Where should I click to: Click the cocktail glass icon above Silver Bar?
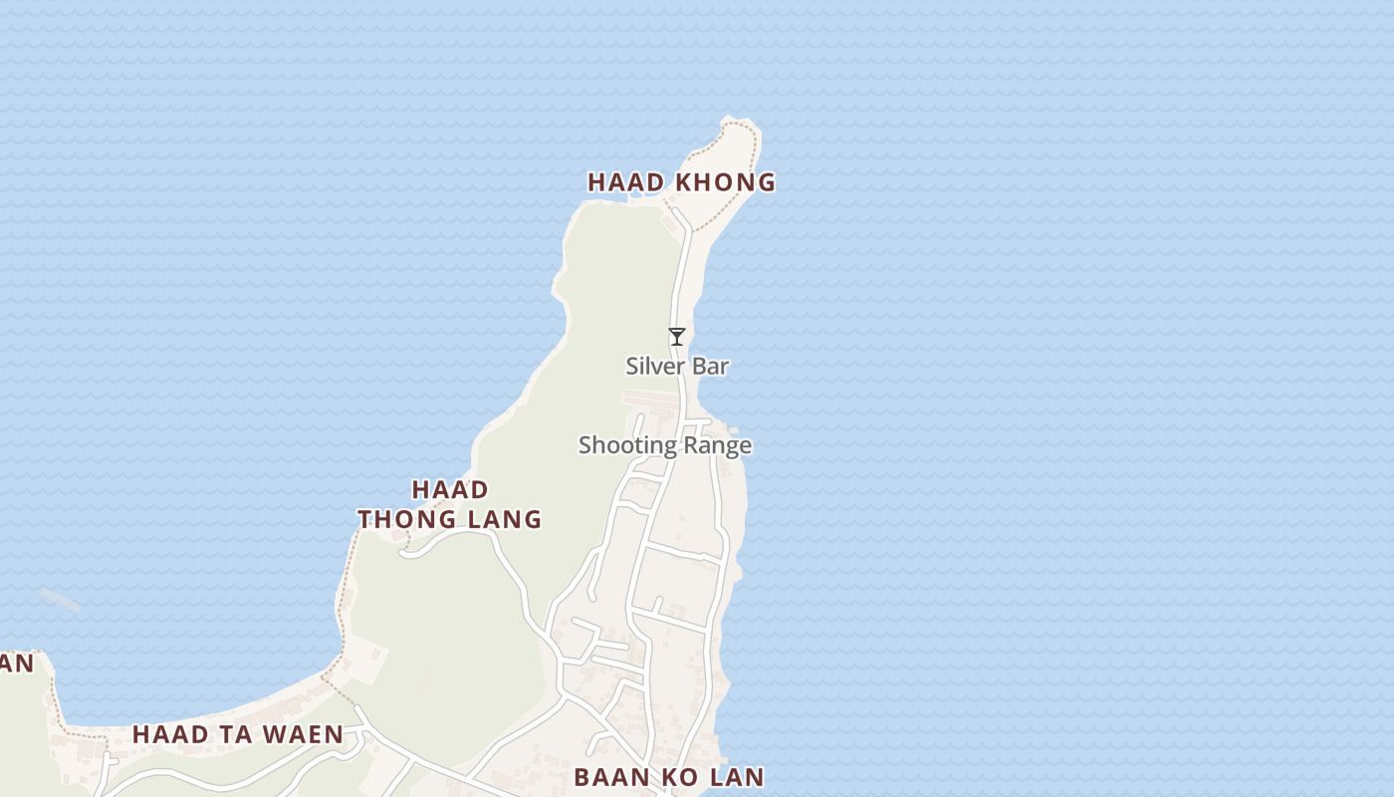677,337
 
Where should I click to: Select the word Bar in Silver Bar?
711,367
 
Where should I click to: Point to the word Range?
717,445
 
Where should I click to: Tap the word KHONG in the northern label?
726,182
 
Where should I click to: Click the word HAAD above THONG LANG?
450,490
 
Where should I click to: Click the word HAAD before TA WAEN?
170,735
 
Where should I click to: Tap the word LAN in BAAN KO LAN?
736,777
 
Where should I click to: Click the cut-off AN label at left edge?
17,663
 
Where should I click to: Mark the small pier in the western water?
60,599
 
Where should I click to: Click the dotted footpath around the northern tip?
754,159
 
